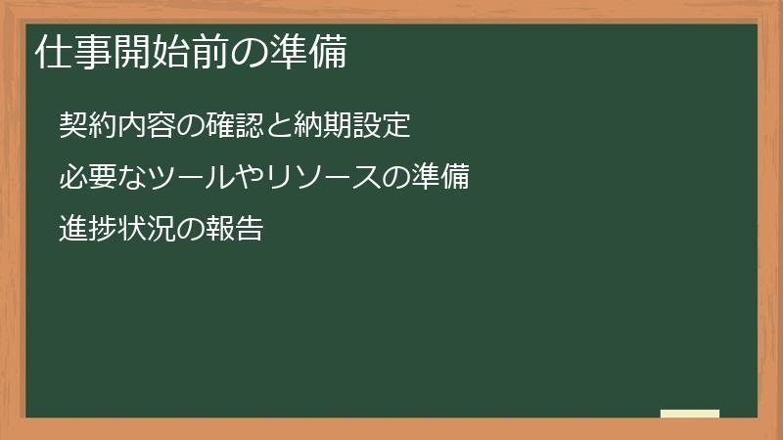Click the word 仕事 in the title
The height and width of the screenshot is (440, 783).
pyautogui.click(x=66, y=52)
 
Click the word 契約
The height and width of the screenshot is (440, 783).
pyautogui.click(x=84, y=126)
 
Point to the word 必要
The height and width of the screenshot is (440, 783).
pyautogui.click(x=84, y=178)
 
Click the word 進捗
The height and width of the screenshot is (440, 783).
pyautogui.click(x=84, y=230)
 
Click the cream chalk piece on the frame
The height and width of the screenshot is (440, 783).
pyautogui.click(x=690, y=414)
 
